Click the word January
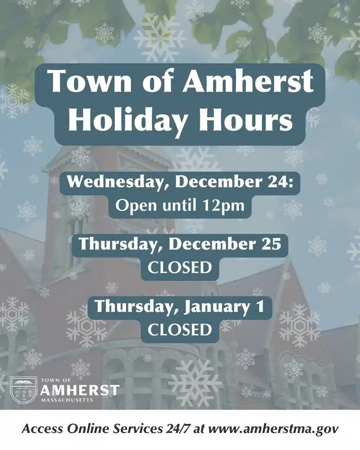tap(213, 307)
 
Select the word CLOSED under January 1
tap(179, 330)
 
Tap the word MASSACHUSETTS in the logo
tap(67, 400)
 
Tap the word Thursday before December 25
tap(121, 244)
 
